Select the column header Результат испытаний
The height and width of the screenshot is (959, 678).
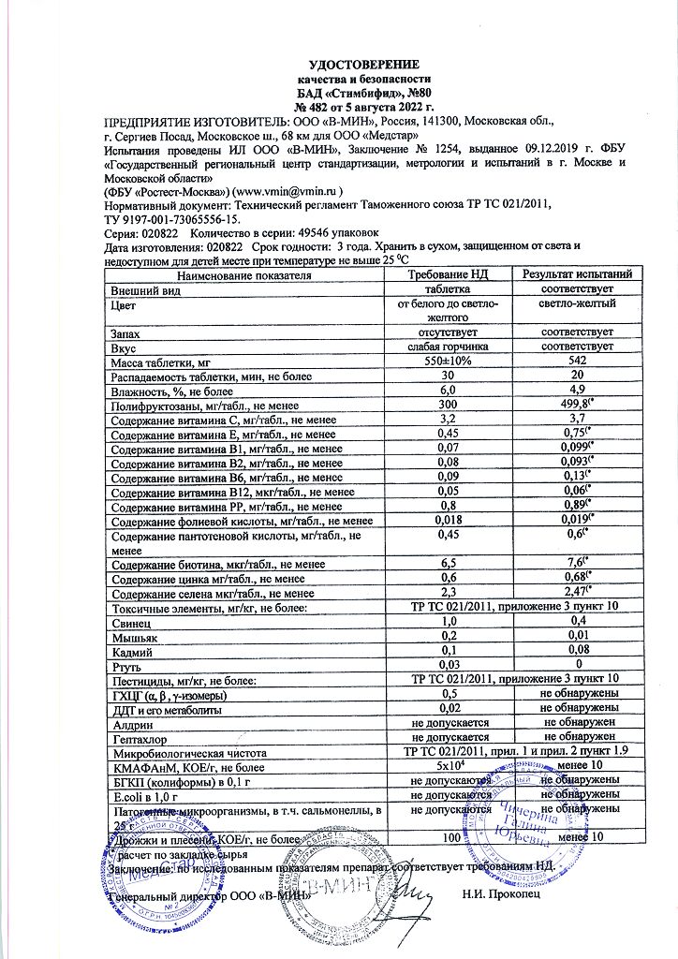577,274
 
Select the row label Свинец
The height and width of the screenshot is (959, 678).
132,622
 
